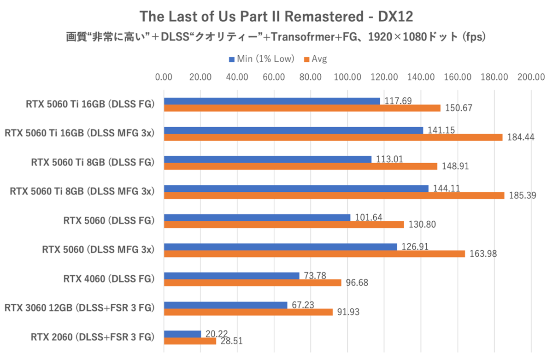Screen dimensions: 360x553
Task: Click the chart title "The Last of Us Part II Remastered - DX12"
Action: pos(276,17)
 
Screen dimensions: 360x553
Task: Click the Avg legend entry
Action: pos(316,59)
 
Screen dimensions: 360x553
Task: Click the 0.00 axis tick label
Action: pos(164,77)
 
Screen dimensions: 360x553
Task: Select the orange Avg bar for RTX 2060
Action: pos(190,341)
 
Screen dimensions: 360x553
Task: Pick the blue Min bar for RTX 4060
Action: pos(231,276)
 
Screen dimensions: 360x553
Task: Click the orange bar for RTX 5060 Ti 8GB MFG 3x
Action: pos(334,195)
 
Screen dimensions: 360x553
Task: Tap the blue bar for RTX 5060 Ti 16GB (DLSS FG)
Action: pos(272,101)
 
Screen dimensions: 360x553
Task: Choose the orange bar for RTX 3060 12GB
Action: pos(248,312)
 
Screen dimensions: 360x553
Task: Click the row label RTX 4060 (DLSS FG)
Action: pos(108,279)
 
